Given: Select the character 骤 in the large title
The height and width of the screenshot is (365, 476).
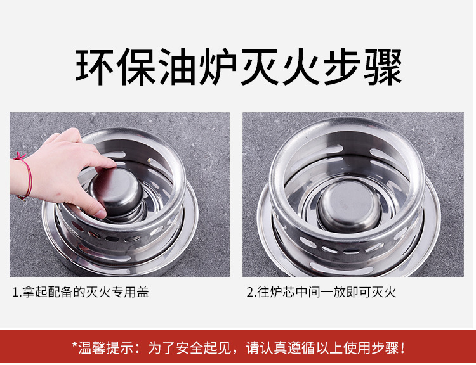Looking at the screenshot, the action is click(x=383, y=67).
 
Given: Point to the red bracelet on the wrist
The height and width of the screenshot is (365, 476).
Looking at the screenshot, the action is click(x=23, y=176).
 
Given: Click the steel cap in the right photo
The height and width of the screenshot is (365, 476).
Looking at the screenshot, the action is click(x=350, y=205).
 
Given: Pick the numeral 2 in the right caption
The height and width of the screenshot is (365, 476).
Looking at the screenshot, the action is click(x=250, y=293).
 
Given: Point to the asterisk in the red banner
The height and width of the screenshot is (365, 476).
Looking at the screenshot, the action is click(x=75, y=345).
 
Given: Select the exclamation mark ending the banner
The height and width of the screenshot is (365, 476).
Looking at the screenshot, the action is click(x=402, y=348).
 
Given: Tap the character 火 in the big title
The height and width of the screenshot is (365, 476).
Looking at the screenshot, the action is click(x=301, y=67).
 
